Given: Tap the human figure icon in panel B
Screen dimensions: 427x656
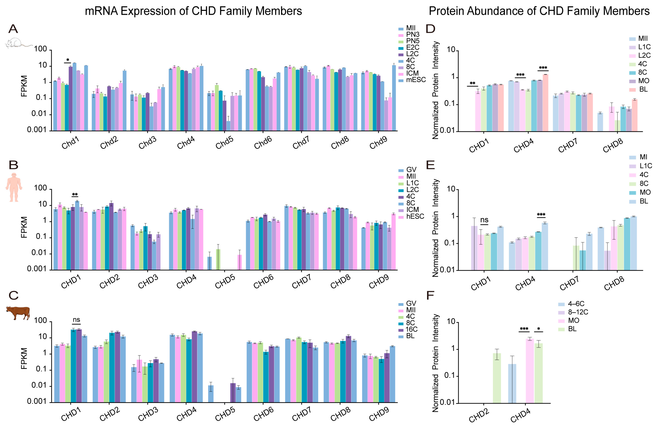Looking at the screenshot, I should point(14,187).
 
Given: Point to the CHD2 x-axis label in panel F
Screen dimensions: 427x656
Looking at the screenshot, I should point(479,415).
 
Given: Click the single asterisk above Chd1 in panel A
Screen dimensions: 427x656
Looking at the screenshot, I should point(68,60).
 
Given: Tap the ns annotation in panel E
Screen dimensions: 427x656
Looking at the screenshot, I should point(484,220).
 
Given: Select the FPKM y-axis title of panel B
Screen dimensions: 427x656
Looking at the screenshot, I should point(24,227).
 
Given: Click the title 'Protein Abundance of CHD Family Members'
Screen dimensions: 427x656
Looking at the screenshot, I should point(539,11).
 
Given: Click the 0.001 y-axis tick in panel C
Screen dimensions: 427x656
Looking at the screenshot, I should point(37,401).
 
